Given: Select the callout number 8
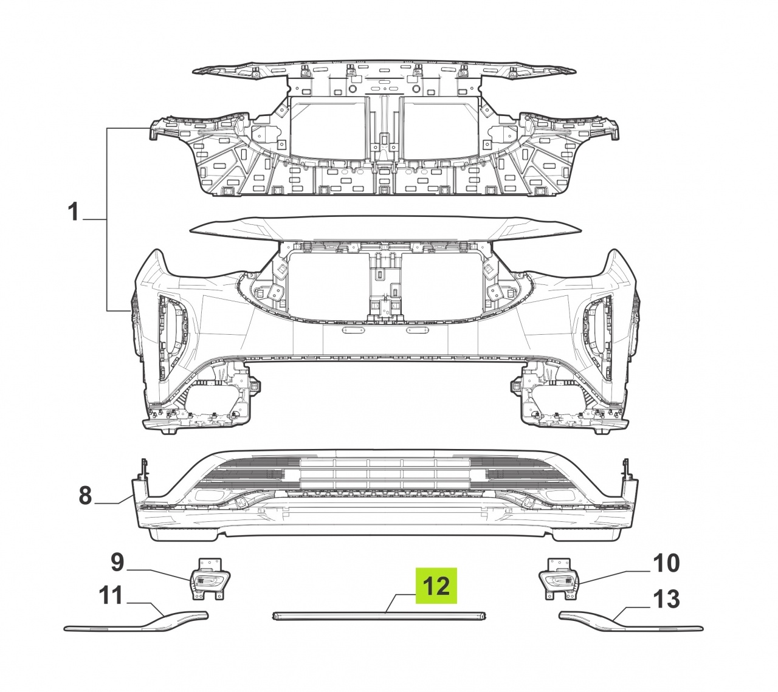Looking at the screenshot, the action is tap(86, 496).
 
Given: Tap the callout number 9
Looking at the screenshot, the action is tap(117, 563).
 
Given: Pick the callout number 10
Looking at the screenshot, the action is tap(666, 563).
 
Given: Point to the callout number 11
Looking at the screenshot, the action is tap(111, 595).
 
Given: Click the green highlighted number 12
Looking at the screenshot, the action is tap(436, 586).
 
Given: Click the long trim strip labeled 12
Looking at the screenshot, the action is tap(379, 615).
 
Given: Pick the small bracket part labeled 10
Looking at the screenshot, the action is tap(559, 578).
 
